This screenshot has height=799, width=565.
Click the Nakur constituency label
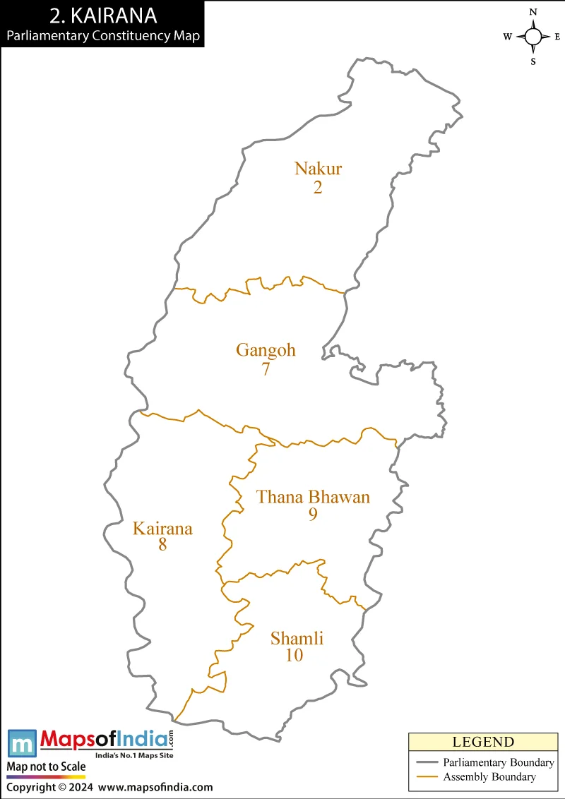(x=318, y=169)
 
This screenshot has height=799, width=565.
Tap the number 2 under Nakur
(x=318, y=187)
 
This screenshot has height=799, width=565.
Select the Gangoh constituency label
(x=266, y=350)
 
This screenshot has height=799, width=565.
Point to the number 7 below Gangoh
(x=266, y=368)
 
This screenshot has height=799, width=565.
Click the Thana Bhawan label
(x=313, y=497)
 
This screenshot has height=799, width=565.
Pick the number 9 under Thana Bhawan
(x=313, y=515)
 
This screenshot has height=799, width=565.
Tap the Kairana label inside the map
(x=162, y=528)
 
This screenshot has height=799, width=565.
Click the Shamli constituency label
(x=297, y=639)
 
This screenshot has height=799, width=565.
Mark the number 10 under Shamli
(x=295, y=656)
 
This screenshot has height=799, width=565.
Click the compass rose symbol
(x=533, y=37)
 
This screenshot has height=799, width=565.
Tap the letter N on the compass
(x=533, y=12)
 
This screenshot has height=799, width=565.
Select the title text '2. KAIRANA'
(x=103, y=16)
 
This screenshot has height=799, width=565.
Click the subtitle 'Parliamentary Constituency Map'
(x=103, y=35)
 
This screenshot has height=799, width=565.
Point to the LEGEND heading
(x=483, y=742)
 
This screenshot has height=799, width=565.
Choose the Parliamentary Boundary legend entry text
(x=499, y=762)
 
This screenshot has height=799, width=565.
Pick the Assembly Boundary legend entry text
(x=489, y=777)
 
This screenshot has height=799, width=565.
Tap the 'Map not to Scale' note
(x=46, y=767)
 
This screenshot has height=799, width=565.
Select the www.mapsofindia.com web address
(x=155, y=787)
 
